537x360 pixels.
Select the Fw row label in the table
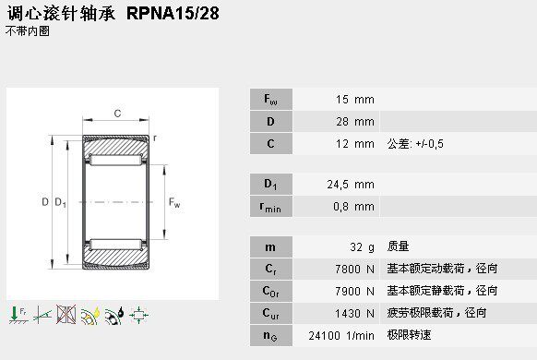coord(268,100)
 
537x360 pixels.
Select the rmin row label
coord(268,206)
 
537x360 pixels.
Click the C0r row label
coord(268,291)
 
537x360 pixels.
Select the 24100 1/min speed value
coord(342,335)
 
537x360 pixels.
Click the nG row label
coord(268,335)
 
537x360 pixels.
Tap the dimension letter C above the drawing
coord(116,114)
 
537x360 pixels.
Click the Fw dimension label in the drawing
coord(173,203)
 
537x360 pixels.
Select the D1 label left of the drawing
coord(61,203)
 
